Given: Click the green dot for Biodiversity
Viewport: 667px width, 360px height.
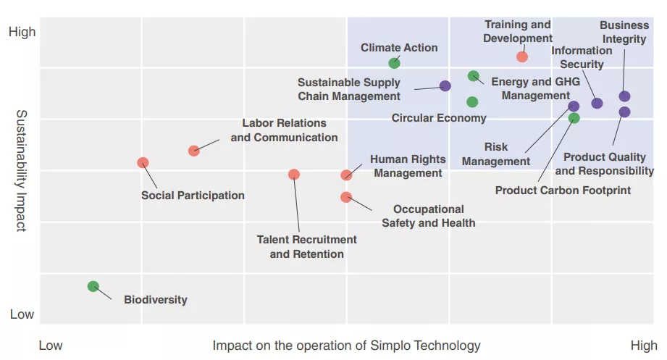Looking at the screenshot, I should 93,286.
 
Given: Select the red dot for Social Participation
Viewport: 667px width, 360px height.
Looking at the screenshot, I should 143,163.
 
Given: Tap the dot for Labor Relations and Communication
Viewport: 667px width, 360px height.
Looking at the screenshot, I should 193,151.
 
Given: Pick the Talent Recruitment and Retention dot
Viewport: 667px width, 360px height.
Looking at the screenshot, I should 293,175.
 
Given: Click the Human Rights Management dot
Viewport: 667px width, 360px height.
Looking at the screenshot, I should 346,175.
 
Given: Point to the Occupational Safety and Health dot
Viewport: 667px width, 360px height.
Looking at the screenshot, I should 345,197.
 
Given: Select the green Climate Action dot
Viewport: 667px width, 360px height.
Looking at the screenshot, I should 394,63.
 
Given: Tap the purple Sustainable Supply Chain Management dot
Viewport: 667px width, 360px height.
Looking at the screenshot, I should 445,86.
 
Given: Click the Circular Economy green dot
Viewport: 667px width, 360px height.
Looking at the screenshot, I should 472,102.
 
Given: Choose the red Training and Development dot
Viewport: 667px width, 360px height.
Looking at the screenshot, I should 522,56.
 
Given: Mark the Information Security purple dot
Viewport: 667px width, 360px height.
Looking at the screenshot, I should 597,104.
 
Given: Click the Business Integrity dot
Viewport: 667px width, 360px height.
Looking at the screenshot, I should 624,96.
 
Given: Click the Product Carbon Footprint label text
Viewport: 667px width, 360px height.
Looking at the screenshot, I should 563,191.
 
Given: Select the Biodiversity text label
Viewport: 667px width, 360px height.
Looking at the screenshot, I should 155,300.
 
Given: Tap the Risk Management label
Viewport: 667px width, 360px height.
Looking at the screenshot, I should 496,154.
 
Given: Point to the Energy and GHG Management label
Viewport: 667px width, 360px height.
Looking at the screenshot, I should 535,88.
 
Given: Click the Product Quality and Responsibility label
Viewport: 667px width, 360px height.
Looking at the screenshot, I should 604,164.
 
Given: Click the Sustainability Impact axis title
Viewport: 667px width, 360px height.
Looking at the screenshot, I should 21,170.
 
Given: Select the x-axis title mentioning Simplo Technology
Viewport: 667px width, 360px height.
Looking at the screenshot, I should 346,346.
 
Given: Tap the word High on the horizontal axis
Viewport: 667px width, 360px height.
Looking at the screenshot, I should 643,346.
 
